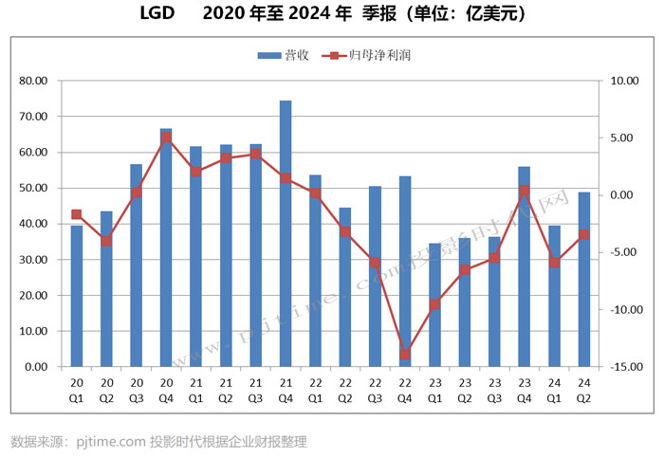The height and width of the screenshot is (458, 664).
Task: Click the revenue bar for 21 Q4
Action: pos(286,233)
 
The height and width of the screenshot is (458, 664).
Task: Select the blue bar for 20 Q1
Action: pos(77,296)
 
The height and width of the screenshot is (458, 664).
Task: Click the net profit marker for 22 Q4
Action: pos(405,355)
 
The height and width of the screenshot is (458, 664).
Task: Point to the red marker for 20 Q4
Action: pos(166,137)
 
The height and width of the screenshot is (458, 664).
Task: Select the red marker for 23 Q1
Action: pos(434,304)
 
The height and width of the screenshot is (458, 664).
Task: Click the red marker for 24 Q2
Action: pos(584,234)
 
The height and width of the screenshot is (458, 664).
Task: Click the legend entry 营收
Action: pos(285,55)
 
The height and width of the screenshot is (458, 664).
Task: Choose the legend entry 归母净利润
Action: pos(377,55)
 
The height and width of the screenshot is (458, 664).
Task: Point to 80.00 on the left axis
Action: pos(34,82)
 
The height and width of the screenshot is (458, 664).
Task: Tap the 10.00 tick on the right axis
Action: pos(622,82)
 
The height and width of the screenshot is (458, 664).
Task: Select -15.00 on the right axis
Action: pos(620,367)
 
